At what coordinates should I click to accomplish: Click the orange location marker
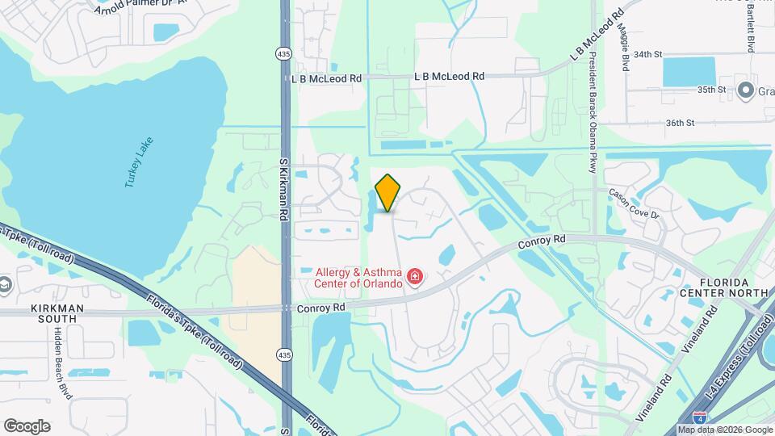coord(388,193)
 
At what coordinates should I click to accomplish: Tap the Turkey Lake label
coord(139,162)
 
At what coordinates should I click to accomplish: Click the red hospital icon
coord(415,278)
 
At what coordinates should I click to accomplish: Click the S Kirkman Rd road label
coord(283,190)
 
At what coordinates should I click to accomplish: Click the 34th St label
coord(647,54)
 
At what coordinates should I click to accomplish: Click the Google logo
coord(27,426)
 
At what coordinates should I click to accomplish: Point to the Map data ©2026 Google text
coord(724,430)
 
